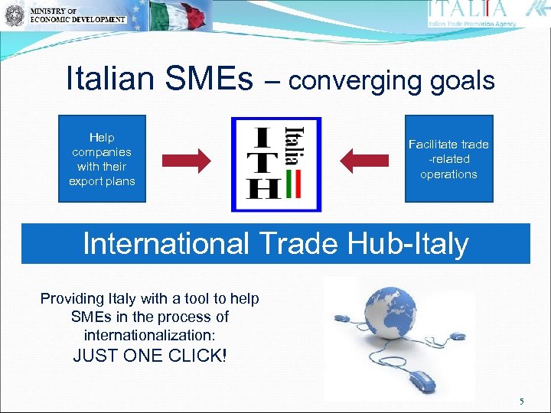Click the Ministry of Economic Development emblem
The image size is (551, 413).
click(x=13, y=16)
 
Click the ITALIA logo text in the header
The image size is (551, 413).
click(x=468, y=9)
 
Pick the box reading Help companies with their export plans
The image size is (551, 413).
click(x=102, y=159)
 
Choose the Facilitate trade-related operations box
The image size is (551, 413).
click(x=448, y=159)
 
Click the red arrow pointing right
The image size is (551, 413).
click(x=187, y=161)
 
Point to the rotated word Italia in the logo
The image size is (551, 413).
click(x=292, y=146)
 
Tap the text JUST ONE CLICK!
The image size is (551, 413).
click(x=150, y=356)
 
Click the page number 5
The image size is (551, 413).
click(x=521, y=402)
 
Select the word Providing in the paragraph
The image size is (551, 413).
click(x=70, y=298)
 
